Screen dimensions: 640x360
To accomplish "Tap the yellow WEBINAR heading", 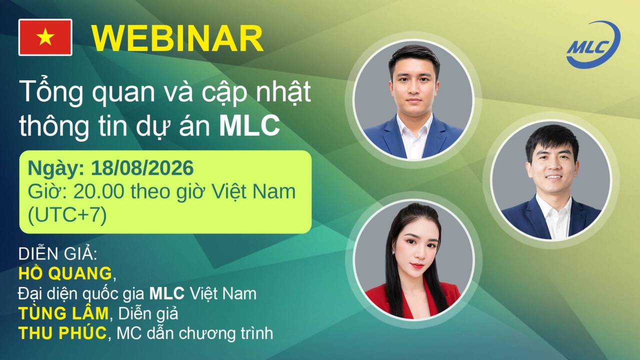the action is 177,38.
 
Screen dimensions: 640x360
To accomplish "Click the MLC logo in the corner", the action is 593,45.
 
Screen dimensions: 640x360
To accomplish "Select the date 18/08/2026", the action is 142,168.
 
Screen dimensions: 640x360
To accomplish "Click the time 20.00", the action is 99,191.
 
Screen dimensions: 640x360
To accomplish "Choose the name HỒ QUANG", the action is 65,273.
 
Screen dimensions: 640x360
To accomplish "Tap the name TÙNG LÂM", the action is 63,313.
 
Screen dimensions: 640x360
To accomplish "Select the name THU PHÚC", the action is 62,333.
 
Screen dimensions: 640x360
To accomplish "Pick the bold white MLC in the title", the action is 249,125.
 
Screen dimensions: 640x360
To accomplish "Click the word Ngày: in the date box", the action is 56,169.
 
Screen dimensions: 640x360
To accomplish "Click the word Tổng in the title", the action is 51,92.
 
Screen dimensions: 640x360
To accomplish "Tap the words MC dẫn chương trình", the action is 195,333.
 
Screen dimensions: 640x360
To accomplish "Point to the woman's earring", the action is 394,253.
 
